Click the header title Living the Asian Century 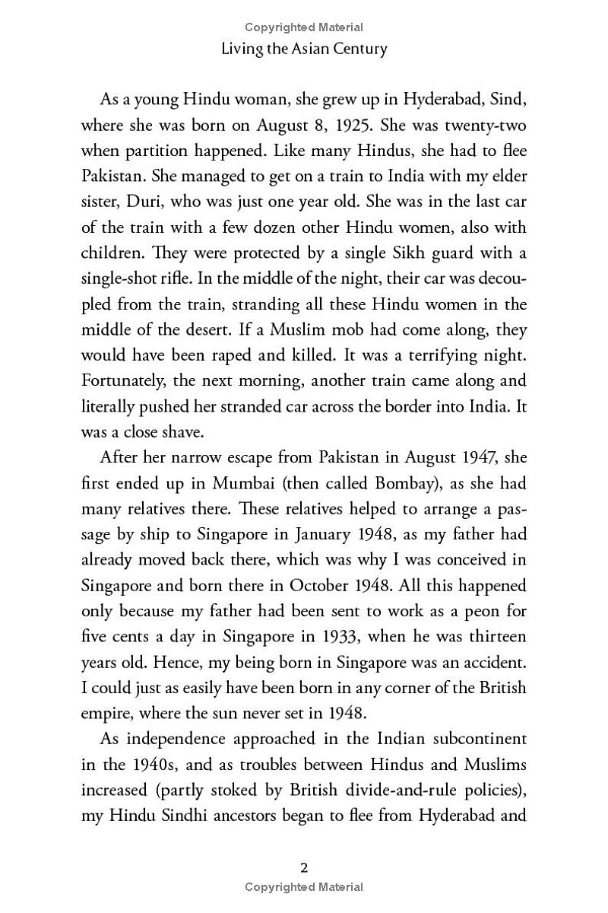pyautogui.click(x=304, y=49)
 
